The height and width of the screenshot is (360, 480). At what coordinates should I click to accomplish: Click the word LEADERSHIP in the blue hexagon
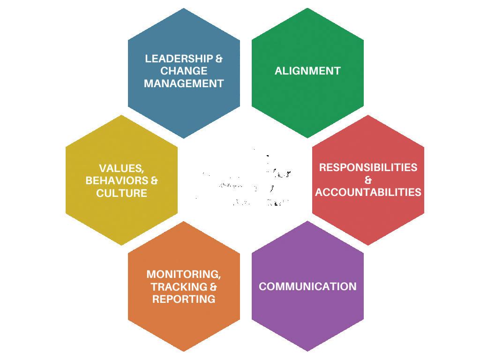[x=179, y=59]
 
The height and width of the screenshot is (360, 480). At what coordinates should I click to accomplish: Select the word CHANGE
[x=184, y=71]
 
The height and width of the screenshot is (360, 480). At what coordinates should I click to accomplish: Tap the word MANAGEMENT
[x=184, y=84]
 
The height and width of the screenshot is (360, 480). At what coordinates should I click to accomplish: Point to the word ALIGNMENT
[x=307, y=71]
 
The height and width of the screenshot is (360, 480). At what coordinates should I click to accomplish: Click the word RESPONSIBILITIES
[x=368, y=168]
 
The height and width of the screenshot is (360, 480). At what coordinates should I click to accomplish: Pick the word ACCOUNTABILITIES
[x=368, y=192]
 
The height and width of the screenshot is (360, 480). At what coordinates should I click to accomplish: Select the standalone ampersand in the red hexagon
[x=368, y=180]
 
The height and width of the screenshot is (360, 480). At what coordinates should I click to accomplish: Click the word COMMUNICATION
[x=307, y=286]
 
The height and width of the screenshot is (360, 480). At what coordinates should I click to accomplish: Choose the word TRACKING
[x=178, y=286]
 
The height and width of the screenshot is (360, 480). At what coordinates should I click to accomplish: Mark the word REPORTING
[x=184, y=299]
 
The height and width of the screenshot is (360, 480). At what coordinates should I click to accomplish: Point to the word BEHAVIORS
[x=117, y=180]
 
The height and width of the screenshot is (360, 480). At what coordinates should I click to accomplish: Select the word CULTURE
[x=121, y=193]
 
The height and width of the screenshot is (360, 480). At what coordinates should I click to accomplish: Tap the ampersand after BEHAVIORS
[x=154, y=180]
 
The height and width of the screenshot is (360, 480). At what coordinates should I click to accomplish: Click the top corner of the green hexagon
[x=307, y=8]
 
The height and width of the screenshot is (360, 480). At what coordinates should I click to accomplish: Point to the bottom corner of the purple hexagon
[x=307, y=351]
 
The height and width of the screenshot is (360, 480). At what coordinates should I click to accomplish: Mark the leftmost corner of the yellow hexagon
[x=66, y=180]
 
